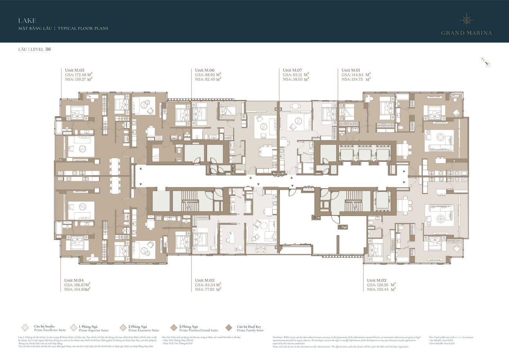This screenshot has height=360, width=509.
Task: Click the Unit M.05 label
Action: [x=74, y=70]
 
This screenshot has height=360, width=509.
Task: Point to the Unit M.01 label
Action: [x=351, y=70]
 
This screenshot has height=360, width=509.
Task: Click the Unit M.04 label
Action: [x=74, y=280]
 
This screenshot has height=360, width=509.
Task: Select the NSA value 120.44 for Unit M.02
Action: [x=386, y=289]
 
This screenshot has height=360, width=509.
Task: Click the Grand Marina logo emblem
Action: [x=467, y=20]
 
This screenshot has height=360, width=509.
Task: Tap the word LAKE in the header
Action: [x=27, y=20]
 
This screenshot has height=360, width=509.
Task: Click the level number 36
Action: [x=48, y=49]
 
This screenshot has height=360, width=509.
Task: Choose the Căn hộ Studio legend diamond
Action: [x=25, y=328]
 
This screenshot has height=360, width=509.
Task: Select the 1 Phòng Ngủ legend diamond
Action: [x=74, y=328]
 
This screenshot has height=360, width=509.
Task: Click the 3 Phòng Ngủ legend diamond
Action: [x=174, y=328]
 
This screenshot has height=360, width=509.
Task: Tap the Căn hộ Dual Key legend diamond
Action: [x=229, y=328]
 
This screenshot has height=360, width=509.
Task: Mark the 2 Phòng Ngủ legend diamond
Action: [x=123, y=328]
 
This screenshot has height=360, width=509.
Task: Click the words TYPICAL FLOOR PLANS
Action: [x=83, y=29]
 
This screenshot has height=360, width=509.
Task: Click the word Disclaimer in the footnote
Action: [x=280, y=337]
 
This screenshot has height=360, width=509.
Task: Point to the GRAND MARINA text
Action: [x=466, y=33]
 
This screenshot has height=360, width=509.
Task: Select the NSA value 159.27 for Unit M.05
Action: [x=82, y=79]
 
